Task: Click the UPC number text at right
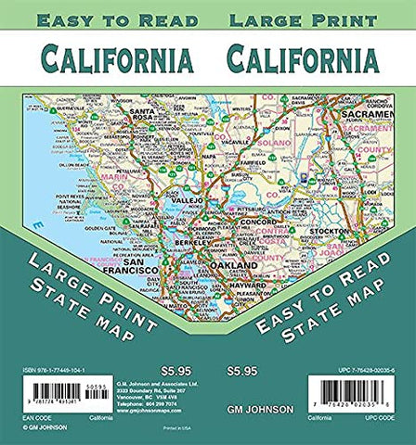coord(357,371)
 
